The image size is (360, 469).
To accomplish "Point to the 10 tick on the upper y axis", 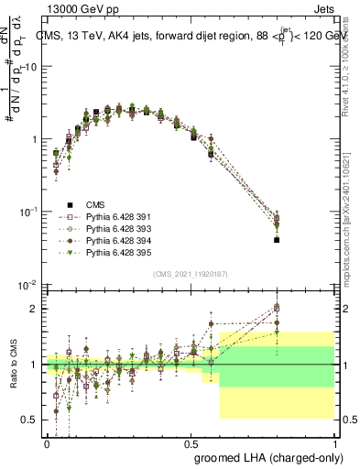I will click(33, 67).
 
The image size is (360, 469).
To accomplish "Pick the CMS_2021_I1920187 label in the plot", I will click(193, 274).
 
